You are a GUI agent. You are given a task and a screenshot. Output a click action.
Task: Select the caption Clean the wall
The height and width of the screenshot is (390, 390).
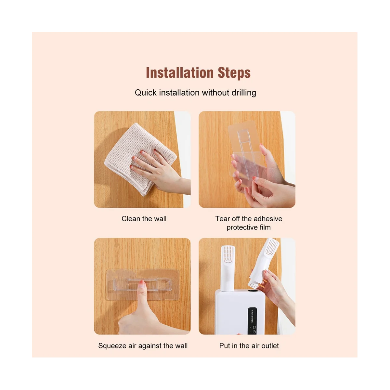click(x=144, y=219)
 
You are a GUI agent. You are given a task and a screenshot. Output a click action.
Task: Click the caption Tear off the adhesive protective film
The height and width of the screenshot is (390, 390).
click(x=249, y=223)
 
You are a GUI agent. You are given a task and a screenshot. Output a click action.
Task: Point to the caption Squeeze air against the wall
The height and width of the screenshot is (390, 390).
click(x=143, y=346)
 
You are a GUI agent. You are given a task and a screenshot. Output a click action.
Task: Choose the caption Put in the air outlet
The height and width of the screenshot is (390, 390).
click(x=249, y=346)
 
